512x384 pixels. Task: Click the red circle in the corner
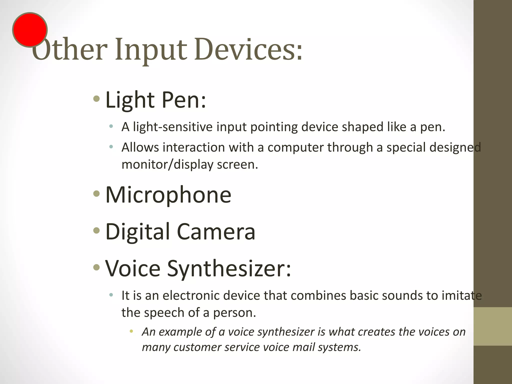point(30,30)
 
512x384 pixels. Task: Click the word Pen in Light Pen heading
point(184,100)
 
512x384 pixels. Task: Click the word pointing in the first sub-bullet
point(274,127)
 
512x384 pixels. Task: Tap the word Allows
point(140,147)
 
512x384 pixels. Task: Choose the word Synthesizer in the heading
point(229,269)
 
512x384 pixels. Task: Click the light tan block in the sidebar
point(492,326)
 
